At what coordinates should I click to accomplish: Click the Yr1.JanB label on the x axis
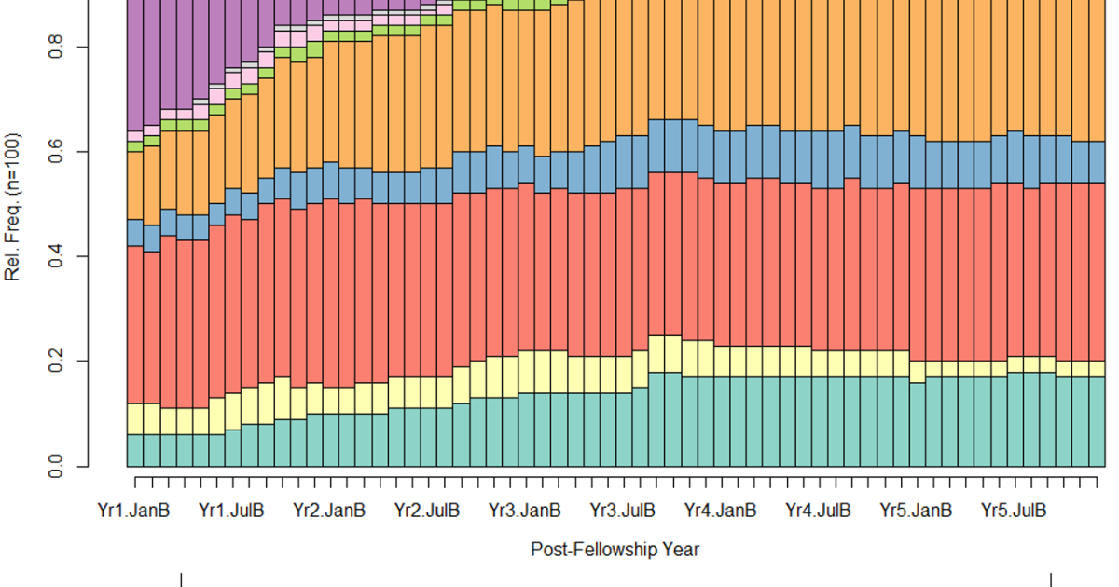pyautogui.click(x=133, y=511)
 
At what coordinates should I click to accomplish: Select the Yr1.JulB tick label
pyautogui.click(x=232, y=511)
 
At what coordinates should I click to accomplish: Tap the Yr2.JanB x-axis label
pyautogui.click(x=329, y=511)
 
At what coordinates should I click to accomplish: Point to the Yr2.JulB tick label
pyautogui.click(x=427, y=511)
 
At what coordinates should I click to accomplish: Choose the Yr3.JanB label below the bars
pyautogui.click(x=525, y=511)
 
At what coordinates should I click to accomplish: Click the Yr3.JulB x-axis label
pyautogui.click(x=623, y=511)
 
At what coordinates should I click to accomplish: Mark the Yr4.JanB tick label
pyautogui.click(x=720, y=511)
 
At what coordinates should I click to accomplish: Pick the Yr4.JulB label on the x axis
pyautogui.click(x=818, y=511)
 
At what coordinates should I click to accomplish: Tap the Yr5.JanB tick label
pyautogui.click(x=916, y=511)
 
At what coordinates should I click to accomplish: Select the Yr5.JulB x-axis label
pyautogui.click(x=1014, y=511)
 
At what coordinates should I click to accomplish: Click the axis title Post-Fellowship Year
pyautogui.click(x=615, y=550)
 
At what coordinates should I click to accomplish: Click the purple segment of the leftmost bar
pyautogui.click(x=134, y=65)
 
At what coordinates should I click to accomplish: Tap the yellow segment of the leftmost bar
pyautogui.click(x=134, y=418)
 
